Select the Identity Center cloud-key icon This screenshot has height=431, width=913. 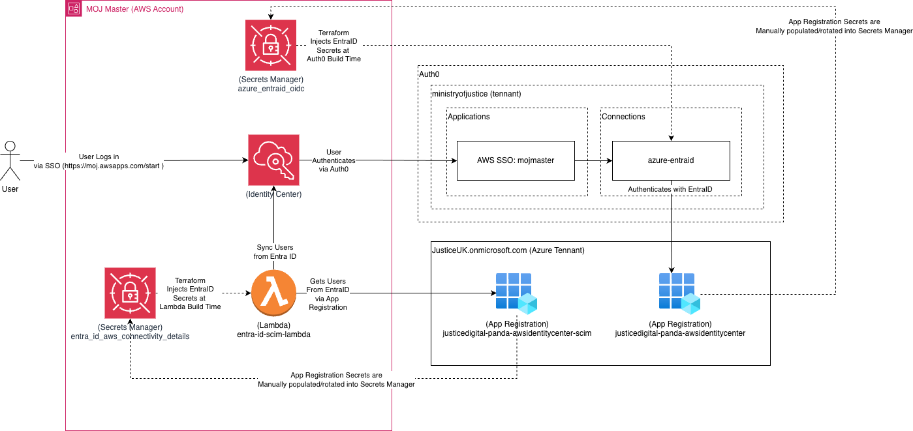(x=273, y=160)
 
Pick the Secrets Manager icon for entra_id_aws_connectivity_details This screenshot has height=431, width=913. (x=130, y=293)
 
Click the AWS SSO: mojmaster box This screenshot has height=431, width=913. (x=516, y=160)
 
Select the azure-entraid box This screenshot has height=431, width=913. (x=671, y=160)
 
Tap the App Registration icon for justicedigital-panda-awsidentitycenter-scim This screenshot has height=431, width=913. (x=515, y=291)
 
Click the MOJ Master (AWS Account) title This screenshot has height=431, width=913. (x=134, y=9)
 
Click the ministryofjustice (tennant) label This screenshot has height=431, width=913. (x=476, y=95)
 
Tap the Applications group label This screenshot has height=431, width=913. (x=469, y=117)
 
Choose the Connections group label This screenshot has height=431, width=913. (x=623, y=117)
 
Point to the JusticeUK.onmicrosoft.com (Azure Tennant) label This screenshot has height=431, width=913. (x=508, y=250)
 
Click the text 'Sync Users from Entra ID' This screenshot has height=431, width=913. (x=274, y=252)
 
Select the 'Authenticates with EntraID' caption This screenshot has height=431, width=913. (x=670, y=189)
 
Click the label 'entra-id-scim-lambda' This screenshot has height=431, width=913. (x=273, y=334)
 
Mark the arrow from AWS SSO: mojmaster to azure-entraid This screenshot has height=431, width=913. (x=593, y=160)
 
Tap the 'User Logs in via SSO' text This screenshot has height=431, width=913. (x=99, y=161)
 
